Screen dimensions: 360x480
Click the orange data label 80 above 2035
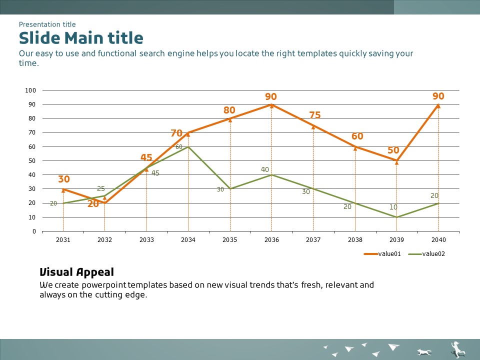pyautogui.click(x=229, y=110)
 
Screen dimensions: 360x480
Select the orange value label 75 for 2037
pyautogui.click(x=314, y=115)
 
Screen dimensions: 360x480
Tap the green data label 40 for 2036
pyautogui.click(x=265, y=170)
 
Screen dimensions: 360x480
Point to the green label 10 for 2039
pyautogui.click(x=394, y=207)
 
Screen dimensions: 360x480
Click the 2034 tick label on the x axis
pyautogui.click(x=188, y=240)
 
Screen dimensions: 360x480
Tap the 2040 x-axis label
pyautogui.click(x=438, y=240)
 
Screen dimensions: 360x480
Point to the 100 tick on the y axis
pyautogui.click(x=30, y=90)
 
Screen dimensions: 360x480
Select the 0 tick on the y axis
pyautogui.click(x=34, y=231)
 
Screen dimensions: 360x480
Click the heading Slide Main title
pyautogui.click(x=81, y=38)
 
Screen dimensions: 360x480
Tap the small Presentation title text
pyautogui.click(x=47, y=24)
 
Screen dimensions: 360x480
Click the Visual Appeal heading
pyautogui.click(x=76, y=272)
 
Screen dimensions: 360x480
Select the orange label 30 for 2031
pyautogui.click(x=63, y=179)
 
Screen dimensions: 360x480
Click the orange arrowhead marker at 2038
pyautogui.click(x=355, y=147)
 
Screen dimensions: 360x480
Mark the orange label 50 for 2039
pyautogui.click(x=393, y=150)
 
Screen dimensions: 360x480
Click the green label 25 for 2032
pyautogui.click(x=101, y=189)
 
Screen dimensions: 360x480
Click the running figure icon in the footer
pyautogui.click(x=457, y=349)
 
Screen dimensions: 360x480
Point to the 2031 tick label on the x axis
pyautogui.click(x=63, y=240)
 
